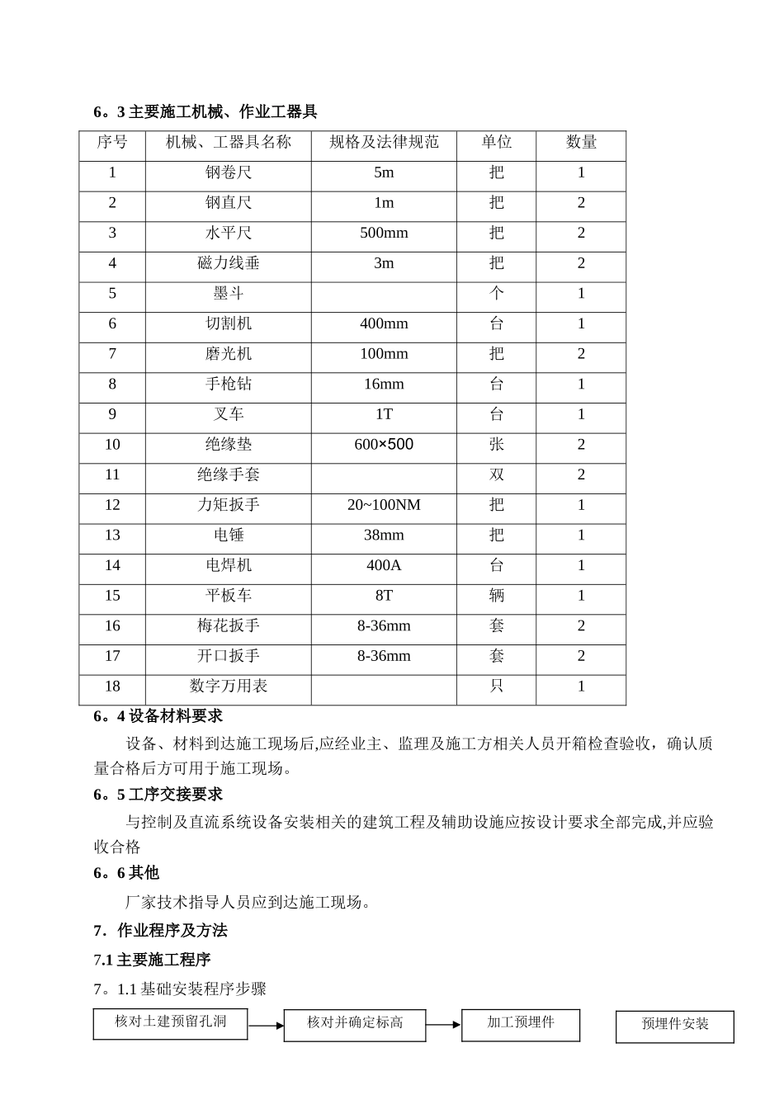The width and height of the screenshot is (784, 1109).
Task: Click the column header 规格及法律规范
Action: [384, 143]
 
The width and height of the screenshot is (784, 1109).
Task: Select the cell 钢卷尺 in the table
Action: [229, 173]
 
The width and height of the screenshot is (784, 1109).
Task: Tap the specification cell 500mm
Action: [384, 234]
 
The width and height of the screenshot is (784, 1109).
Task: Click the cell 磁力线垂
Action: [229, 264]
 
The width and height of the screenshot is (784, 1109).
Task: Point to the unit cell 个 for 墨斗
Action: [496, 294]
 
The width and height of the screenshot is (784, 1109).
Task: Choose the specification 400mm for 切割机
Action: [384, 324]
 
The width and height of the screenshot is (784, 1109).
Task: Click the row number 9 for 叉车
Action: [112, 414]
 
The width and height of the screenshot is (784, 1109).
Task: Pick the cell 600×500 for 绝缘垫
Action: [384, 445]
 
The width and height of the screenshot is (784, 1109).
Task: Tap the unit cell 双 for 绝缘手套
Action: [496, 475]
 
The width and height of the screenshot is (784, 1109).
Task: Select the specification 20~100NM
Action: [384, 505]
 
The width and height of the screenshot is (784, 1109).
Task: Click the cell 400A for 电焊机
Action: [384, 566]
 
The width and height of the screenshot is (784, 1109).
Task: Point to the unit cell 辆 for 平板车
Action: [496, 596]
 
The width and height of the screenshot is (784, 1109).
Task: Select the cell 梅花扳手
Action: [229, 626]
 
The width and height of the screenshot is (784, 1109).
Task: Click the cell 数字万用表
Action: [229, 687]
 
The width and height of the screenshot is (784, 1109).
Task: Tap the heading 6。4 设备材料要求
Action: [158, 716]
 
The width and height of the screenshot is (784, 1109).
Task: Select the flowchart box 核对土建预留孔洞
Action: [171, 1023]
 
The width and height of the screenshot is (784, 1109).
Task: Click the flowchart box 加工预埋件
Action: [521, 1024]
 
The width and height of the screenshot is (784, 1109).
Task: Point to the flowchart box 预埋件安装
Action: [675, 1026]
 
